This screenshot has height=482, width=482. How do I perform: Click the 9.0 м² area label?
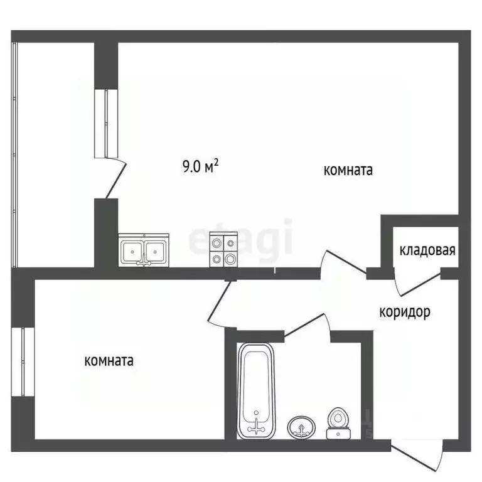pyautogui.click(x=200, y=166)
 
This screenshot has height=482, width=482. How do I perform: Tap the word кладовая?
pyautogui.click(x=427, y=250)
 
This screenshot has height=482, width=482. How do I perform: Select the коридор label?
pyautogui.click(x=405, y=311)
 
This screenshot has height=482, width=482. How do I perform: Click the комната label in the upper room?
pyautogui.click(x=348, y=170)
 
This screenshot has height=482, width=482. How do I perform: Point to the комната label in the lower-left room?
pyautogui.click(x=109, y=361)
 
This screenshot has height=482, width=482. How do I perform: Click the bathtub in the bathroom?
pyautogui.click(x=256, y=391)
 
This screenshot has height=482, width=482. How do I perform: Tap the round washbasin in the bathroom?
pyautogui.click(x=301, y=428)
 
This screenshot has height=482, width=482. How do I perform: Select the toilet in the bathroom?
pyautogui.click(x=339, y=424)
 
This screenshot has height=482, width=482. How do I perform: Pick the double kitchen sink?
pyautogui.click(x=144, y=251)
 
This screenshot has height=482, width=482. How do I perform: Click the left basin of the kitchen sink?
pyautogui.click(x=132, y=252)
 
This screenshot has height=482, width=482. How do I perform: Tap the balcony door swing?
pyautogui.click(x=116, y=179)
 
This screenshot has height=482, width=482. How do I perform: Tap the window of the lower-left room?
pyautogui.click(x=24, y=362)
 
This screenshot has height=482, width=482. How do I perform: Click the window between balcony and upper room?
pyautogui.click(x=106, y=123)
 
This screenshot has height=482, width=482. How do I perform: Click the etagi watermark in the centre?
pyautogui.click(x=242, y=237)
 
